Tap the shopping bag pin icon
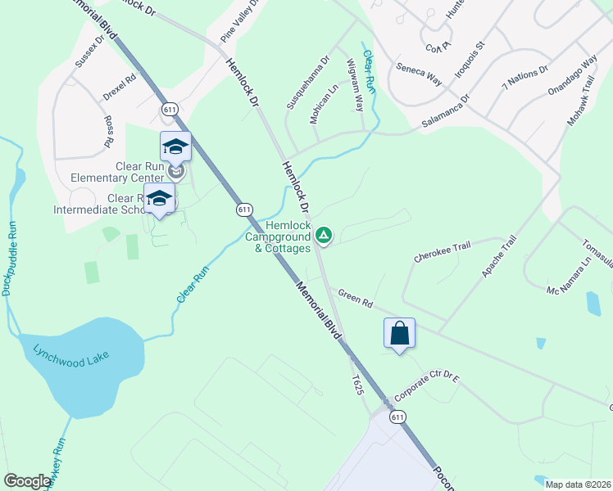[399, 334]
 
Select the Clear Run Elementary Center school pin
[175, 146]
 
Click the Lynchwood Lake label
[71, 356]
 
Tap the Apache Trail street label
[500, 256]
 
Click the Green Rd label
[356, 299]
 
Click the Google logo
[27, 481]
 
